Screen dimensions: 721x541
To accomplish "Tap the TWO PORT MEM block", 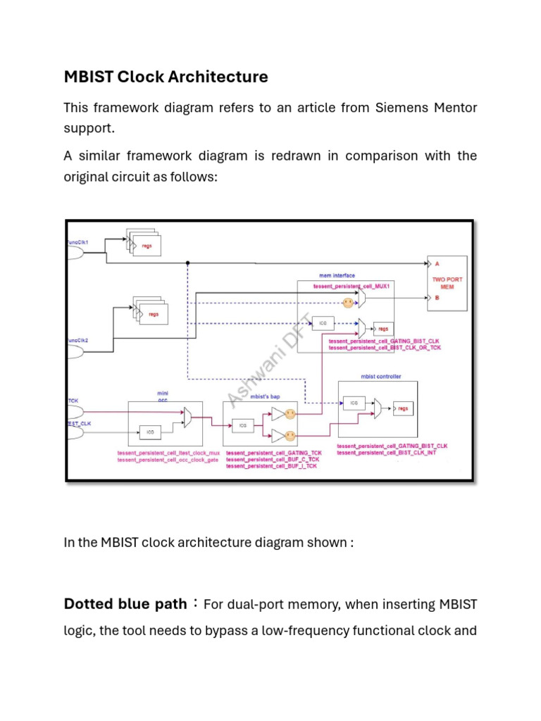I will [447, 283].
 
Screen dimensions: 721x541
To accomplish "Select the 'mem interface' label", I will [337, 276].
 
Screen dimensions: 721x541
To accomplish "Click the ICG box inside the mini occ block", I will [151, 432].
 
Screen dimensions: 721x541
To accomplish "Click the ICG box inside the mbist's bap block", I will [242, 425].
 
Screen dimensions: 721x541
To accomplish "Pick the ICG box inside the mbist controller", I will [353, 403].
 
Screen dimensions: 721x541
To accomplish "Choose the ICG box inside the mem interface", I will [323, 324].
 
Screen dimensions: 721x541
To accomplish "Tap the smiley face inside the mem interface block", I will [348, 302].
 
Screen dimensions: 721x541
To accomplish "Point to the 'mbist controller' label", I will [380, 377].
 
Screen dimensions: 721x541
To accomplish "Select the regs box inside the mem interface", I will [383, 329].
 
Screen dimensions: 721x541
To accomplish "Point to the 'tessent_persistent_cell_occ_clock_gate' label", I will [168, 460].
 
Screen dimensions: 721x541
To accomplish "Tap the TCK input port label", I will [73, 401].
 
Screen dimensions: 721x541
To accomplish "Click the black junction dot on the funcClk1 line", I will [187, 263].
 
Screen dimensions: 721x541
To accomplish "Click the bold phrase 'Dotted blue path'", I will [125, 603].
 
